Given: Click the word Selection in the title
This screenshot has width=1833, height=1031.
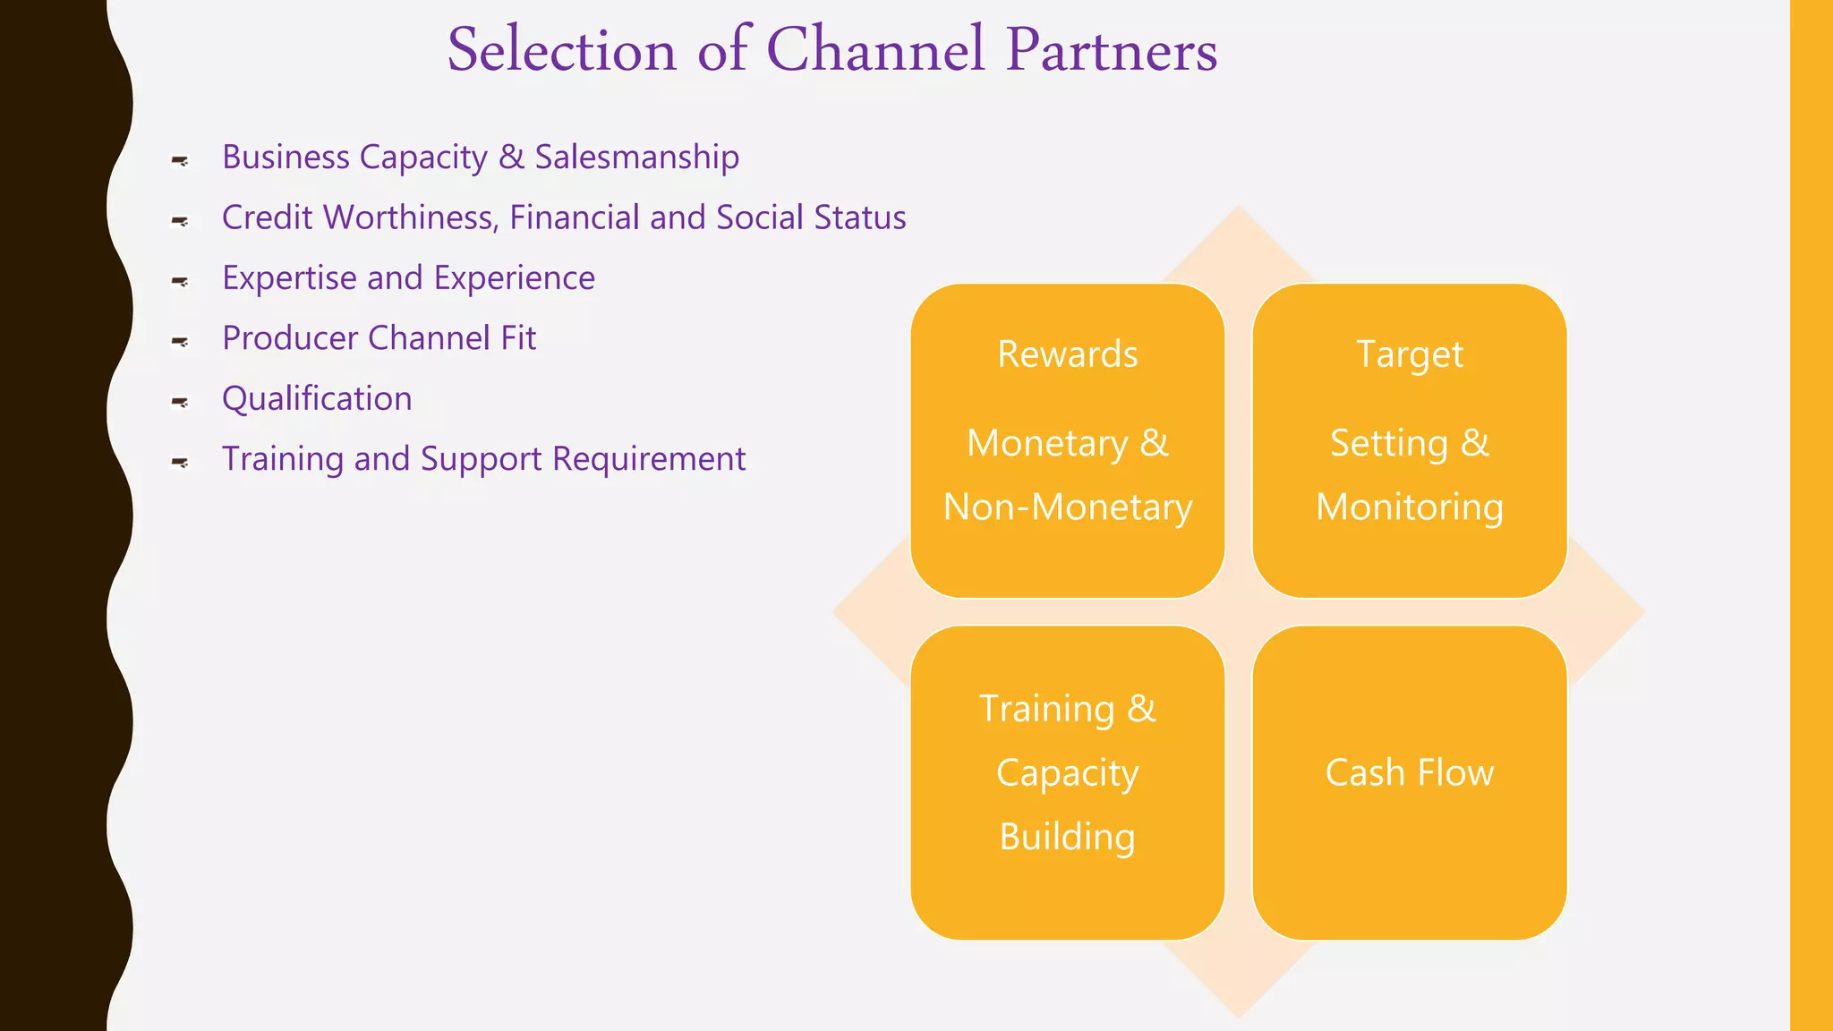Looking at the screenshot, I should [x=561, y=50].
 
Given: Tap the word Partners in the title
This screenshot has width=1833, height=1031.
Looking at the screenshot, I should [x=1111, y=50].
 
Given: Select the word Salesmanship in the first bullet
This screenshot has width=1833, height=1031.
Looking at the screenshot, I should [x=636, y=158].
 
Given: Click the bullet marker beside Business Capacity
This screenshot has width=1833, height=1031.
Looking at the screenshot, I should [x=180, y=161].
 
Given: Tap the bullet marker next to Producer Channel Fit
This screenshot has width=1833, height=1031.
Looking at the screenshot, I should [x=180, y=342].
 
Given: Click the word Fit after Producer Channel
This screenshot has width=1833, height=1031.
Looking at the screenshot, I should [x=518, y=338].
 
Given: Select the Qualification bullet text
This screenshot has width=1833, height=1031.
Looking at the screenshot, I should [x=317, y=399].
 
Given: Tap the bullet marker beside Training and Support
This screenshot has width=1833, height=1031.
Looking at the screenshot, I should [x=180, y=463].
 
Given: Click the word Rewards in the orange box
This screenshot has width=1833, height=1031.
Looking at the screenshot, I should [x=1068, y=354].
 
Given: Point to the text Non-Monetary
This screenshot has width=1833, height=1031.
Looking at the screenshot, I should [x=1068, y=507].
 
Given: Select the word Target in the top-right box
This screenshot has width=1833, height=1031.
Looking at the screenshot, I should [x=1410, y=354].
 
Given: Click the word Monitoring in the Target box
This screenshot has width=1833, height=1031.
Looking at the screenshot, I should [x=1410, y=507].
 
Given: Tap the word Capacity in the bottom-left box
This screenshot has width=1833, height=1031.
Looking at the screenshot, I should [x=1068, y=773].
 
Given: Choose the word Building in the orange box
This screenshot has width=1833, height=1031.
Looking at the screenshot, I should [x=1068, y=837].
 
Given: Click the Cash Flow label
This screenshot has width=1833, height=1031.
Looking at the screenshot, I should [x=1410, y=773].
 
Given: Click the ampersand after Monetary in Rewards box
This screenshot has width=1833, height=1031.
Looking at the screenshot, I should [x=1155, y=443].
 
